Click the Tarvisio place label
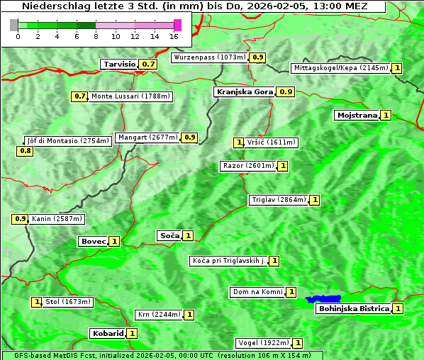118,64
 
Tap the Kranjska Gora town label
244,91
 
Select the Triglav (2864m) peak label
279,200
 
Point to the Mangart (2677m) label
147,137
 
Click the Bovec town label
93,241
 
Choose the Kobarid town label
107,333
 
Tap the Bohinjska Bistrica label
353,308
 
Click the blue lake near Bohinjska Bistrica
323,299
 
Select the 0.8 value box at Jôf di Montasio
25,151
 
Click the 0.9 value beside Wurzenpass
258,57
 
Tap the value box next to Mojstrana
386,115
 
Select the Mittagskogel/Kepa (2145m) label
340,68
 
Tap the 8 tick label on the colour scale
96,36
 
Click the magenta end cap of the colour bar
177,25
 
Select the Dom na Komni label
257,292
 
